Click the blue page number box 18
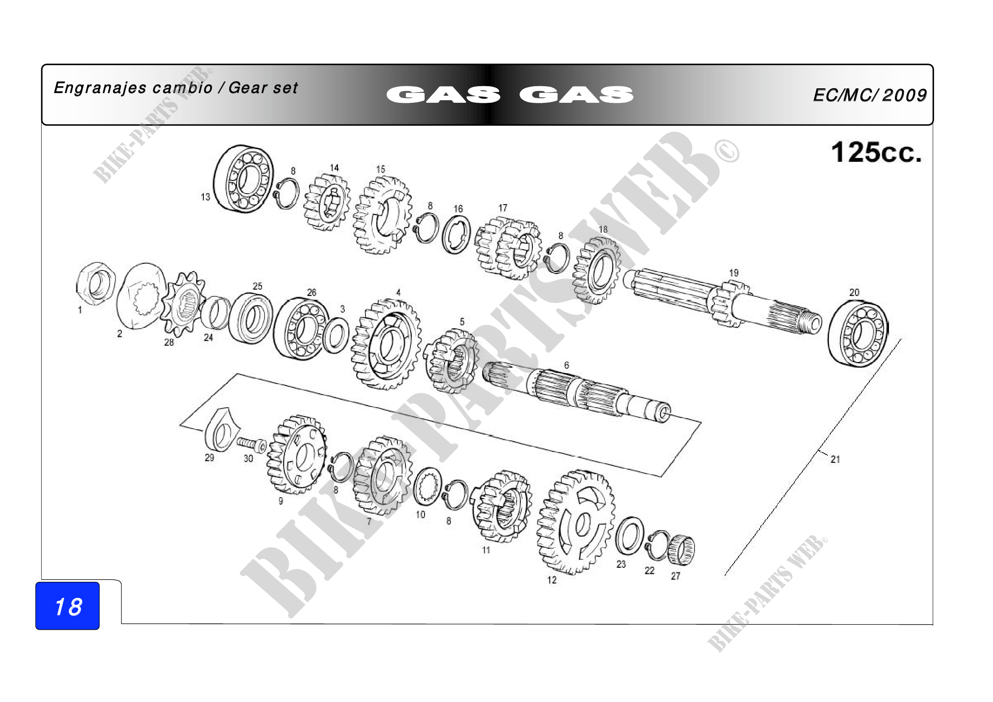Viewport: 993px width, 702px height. tap(68, 606)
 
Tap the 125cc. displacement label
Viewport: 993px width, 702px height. tap(876, 152)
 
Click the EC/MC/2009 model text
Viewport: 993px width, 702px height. tap(870, 95)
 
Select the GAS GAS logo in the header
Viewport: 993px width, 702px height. tap(510, 95)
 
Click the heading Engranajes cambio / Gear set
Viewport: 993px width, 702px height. tap(176, 88)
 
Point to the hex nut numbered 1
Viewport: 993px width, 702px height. tap(96, 284)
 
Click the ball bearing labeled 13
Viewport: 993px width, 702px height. tap(244, 179)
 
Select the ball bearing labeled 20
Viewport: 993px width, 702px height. tap(858, 334)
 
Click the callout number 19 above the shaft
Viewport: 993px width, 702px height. tap(734, 273)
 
